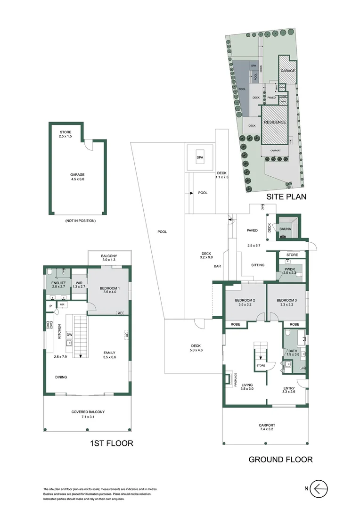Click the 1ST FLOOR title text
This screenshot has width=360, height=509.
tap(111, 443)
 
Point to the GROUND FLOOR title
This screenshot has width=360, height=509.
tap(280, 460)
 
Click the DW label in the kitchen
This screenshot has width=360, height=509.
tap(69, 335)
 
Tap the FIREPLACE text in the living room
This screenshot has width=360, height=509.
tap(235, 379)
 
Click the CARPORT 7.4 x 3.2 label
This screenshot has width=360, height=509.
tap(266, 427)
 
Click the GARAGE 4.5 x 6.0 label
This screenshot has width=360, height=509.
tap(77, 177)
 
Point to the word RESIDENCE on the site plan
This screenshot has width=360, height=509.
tap(274, 122)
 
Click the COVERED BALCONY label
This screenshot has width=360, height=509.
tap(88, 414)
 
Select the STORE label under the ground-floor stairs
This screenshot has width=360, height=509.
tap(261, 366)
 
